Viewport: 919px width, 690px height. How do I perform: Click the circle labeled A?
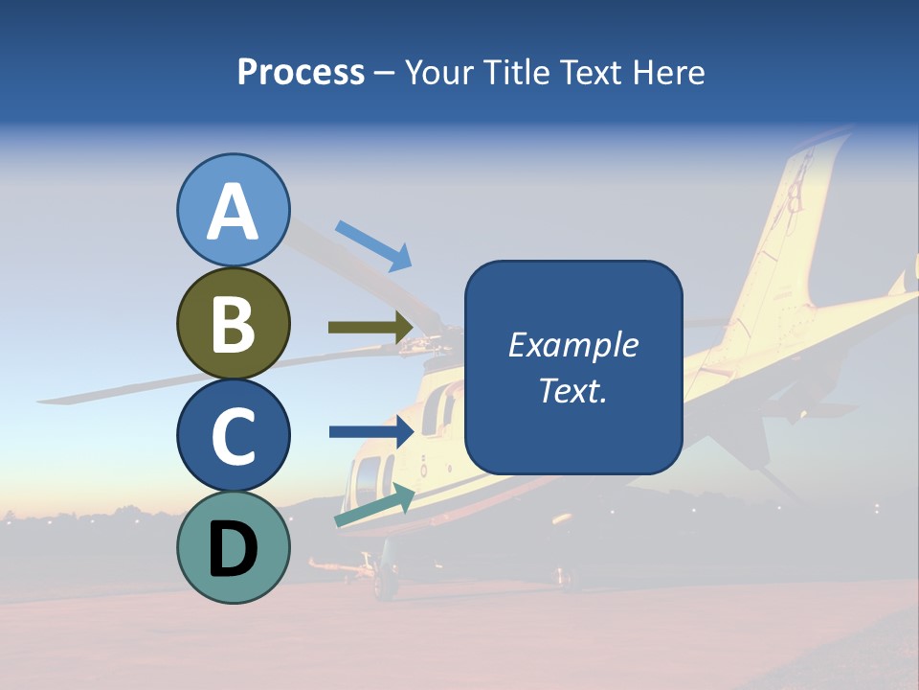coord(233,210)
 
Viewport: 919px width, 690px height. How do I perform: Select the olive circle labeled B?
coord(233,323)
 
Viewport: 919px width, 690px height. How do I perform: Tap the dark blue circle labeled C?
coord(233,435)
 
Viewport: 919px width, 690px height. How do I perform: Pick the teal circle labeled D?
coord(233,547)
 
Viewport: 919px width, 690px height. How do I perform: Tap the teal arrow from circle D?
coord(374,506)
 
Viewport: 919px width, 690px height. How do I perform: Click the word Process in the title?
coord(301,72)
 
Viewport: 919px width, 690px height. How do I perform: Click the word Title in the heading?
coord(519,72)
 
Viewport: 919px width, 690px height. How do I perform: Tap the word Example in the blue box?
coord(572,345)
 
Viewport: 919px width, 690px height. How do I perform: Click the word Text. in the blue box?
coord(572,390)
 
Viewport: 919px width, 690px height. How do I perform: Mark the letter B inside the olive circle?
coord(233,323)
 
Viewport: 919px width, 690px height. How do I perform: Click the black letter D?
coord(233,548)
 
